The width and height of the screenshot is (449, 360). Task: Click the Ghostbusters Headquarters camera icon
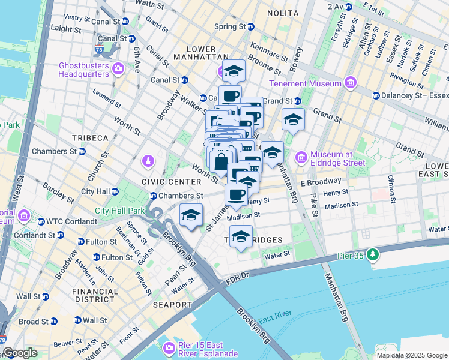[118, 70]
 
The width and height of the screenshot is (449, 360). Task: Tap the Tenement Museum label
[297, 83]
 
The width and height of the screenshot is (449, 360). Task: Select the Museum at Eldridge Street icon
[301, 158]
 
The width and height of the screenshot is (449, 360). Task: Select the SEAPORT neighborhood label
[172, 305]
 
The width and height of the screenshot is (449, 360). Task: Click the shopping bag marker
[221, 162]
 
